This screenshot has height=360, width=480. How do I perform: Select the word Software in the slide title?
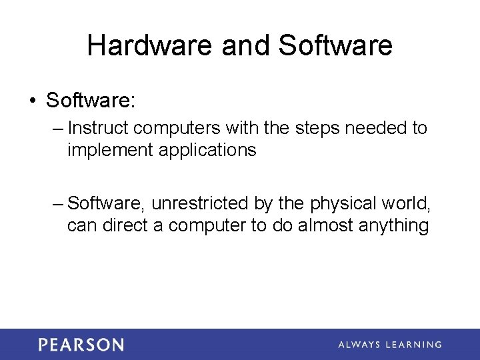click(x=335, y=46)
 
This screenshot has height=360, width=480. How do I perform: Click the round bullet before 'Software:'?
click(x=32, y=102)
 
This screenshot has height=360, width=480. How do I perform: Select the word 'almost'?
click(x=326, y=225)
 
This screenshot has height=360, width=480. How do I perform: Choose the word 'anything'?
click(x=393, y=226)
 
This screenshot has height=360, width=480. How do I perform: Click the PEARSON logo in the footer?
click(x=81, y=345)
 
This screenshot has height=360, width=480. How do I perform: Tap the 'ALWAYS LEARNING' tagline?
click(x=389, y=345)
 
